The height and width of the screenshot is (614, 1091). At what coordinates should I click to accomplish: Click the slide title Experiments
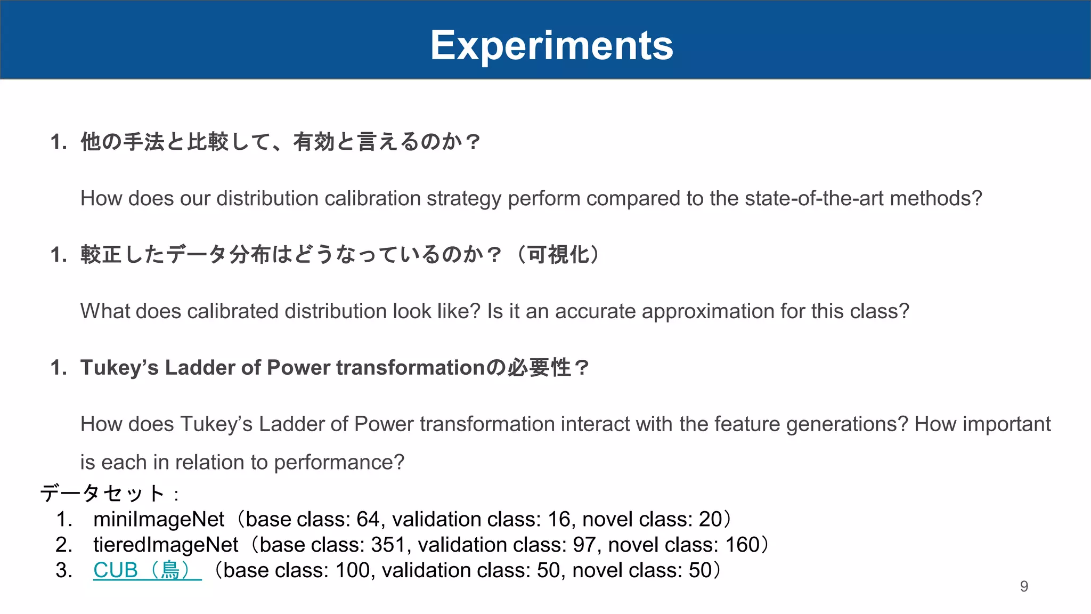[x=551, y=46]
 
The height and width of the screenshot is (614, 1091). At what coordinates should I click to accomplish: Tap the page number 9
[x=1024, y=586]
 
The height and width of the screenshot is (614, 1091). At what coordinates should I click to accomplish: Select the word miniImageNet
[x=159, y=519]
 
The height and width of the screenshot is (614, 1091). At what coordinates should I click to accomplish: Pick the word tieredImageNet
[x=166, y=545]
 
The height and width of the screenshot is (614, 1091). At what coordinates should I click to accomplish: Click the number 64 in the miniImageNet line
[x=368, y=519]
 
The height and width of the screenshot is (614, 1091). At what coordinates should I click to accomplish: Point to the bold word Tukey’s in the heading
[x=119, y=368]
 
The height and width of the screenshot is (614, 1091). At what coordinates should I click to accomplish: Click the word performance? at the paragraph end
[x=339, y=462]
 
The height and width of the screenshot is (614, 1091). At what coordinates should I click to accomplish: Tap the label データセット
[x=102, y=494]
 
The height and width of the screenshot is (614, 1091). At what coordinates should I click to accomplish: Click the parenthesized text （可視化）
[x=558, y=255]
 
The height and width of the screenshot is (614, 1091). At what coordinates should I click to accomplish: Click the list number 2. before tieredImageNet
[x=64, y=545]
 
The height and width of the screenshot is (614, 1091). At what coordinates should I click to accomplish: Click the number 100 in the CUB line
[x=352, y=570]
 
